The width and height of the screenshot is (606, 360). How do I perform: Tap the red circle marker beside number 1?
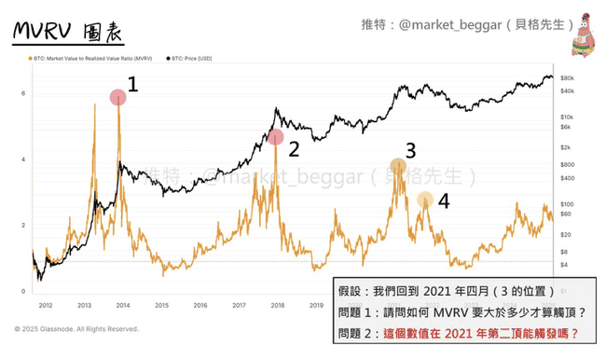pos(117,97)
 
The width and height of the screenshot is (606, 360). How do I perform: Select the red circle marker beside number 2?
pos(275,137)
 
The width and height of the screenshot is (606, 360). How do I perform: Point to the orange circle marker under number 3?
pos(398,167)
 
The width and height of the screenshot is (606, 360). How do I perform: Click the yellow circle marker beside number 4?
pos(424,199)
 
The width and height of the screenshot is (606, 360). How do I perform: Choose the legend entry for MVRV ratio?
pos(90,61)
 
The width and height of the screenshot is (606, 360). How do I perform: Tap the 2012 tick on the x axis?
pos(44,304)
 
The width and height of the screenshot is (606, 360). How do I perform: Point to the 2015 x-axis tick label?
pos(160,304)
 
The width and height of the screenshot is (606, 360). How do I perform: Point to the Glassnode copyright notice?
pos(76,329)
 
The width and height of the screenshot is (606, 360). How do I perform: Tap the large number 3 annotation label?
pos(410,149)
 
